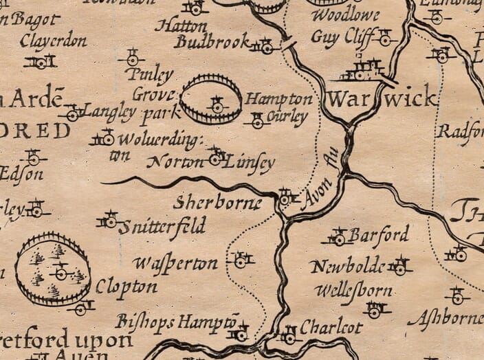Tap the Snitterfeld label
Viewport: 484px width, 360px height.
click(x=162, y=227)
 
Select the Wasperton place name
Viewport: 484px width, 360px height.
click(x=175, y=263)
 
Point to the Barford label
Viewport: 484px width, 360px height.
click(x=378, y=235)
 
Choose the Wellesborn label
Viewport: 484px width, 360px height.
click(x=353, y=290)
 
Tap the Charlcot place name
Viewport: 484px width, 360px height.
click(x=331, y=327)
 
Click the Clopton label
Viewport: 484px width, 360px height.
click(x=126, y=286)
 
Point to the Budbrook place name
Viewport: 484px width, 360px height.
click(x=212, y=42)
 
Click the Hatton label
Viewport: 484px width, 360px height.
click(x=181, y=26)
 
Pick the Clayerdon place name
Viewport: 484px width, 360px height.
click(x=54, y=41)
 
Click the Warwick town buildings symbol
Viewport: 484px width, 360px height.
click(x=363, y=69)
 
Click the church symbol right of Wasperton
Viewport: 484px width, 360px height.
click(x=240, y=260)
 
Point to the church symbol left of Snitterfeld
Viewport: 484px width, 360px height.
click(x=109, y=221)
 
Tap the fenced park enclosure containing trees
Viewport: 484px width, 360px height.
click(x=53, y=269)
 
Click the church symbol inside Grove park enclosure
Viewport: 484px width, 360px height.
click(x=217, y=105)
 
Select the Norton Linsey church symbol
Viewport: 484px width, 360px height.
click(x=216, y=157)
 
